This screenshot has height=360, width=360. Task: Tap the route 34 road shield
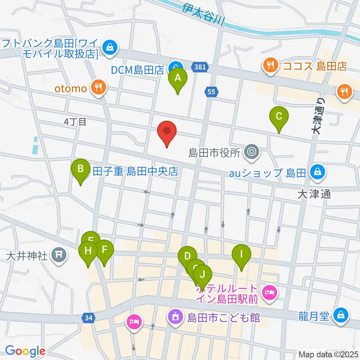pyautogui.click(x=88, y=318)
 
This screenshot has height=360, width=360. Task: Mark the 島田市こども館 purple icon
pyautogui.click(x=175, y=317)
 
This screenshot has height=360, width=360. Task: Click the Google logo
pyautogui.click(x=25, y=351)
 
